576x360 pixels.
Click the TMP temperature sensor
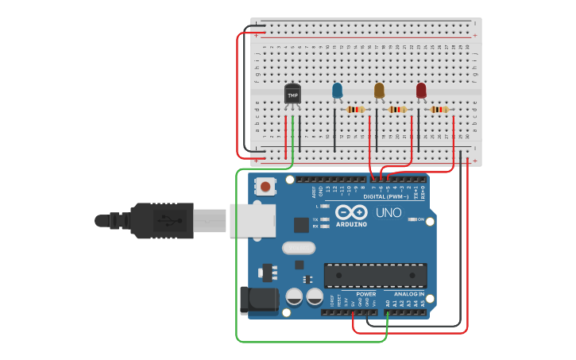click(x=292, y=95)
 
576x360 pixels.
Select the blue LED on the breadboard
click(x=337, y=91)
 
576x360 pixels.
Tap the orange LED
click(x=379, y=91)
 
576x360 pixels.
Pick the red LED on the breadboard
click(x=420, y=91)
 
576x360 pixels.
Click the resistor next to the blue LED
click(x=355, y=110)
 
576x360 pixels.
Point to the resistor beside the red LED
click(x=439, y=110)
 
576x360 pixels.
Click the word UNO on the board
click(x=389, y=212)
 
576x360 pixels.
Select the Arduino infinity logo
click(x=350, y=212)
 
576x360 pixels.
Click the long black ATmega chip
click(x=375, y=275)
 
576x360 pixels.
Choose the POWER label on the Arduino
click(x=365, y=294)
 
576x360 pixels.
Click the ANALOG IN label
click(x=409, y=294)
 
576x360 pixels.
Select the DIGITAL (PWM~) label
click(x=386, y=196)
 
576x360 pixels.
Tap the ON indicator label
click(x=420, y=219)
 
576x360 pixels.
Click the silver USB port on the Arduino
click(x=253, y=220)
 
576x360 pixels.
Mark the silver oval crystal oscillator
click(x=299, y=248)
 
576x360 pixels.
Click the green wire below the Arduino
click(x=310, y=342)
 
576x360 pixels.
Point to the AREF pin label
click(x=315, y=192)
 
